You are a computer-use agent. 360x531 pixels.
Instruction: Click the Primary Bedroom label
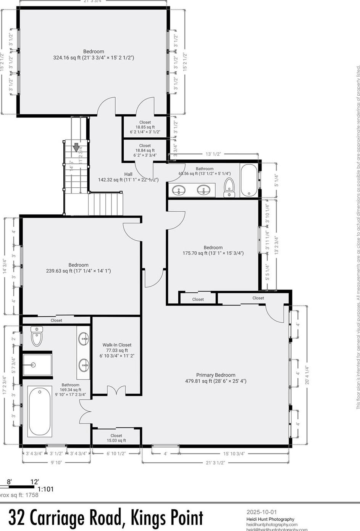(216, 375)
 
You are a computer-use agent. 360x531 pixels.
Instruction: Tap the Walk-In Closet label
(117, 345)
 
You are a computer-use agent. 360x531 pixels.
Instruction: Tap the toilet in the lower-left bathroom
(37, 336)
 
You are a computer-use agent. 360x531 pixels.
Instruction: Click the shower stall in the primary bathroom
(37, 365)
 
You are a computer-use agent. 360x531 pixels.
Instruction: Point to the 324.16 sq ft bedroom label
(94, 55)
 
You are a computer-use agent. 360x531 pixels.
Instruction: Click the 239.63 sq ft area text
(78, 271)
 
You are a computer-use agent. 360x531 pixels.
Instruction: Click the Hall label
(128, 174)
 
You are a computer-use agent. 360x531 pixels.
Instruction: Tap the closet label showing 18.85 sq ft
(145, 127)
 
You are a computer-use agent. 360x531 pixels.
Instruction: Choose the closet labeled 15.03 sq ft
(116, 438)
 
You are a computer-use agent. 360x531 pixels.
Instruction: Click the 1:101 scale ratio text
(45, 489)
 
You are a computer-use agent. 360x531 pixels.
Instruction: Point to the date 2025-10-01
(262, 512)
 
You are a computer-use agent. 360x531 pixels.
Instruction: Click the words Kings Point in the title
(167, 518)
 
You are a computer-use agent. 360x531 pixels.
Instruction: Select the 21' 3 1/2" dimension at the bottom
(216, 462)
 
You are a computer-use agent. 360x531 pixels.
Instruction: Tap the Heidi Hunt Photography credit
(270, 519)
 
